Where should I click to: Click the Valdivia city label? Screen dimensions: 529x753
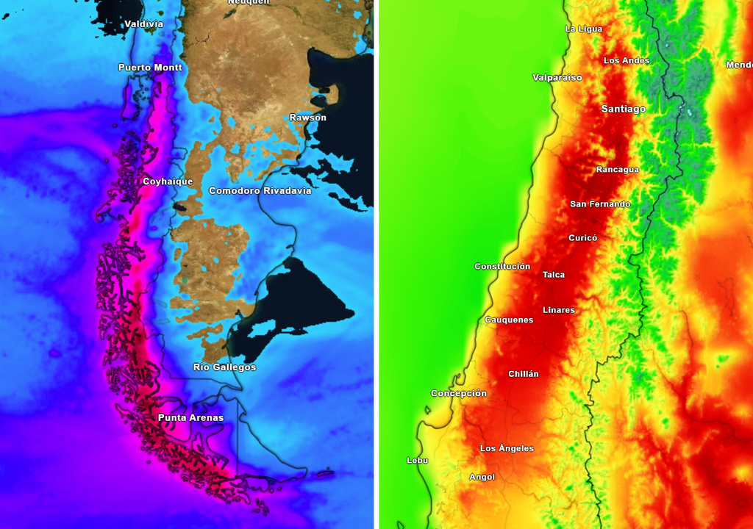click(143, 24)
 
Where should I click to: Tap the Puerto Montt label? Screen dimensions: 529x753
click(150, 68)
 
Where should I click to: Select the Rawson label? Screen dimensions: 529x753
click(307, 118)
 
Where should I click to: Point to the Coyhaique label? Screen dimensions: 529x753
click(168, 181)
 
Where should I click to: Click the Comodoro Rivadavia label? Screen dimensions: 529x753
click(260, 191)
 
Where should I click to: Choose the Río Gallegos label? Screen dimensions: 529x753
click(224, 367)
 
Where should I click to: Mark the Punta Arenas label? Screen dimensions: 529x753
click(190, 418)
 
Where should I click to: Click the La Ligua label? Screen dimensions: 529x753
click(583, 29)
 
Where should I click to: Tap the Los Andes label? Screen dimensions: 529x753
click(627, 61)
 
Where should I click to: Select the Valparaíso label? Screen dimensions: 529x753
click(557, 77)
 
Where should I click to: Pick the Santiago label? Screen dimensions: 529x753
click(623, 109)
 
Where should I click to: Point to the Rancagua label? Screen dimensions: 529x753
click(617, 170)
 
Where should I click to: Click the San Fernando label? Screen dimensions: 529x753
click(600, 204)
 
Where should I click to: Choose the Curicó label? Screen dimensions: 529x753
click(582, 238)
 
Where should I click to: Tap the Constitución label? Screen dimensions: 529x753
click(502, 267)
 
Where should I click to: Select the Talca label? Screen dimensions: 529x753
click(554, 275)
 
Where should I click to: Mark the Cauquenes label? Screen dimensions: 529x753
click(509, 320)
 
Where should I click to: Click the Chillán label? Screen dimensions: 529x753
click(523, 374)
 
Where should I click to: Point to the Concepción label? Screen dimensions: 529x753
click(458, 394)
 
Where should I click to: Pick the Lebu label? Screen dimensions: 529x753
click(417, 461)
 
